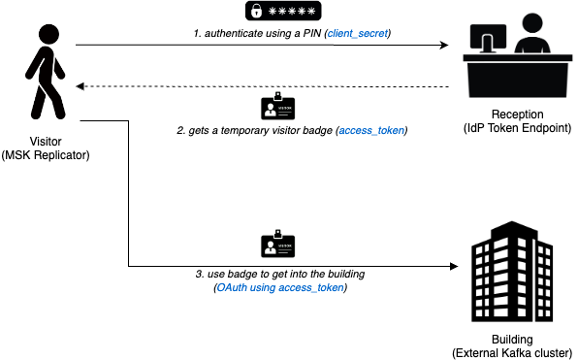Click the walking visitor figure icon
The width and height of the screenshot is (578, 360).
coord(46,72)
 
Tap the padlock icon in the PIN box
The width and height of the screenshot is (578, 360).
coord(256,12)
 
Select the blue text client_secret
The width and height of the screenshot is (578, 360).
coord(358,34)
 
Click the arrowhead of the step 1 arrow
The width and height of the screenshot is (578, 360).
coord(444,45)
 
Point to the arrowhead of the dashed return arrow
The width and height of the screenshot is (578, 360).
coord(80,86)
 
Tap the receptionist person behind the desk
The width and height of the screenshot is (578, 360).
coord(532,34)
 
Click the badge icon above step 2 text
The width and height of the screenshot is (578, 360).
coord(278,106)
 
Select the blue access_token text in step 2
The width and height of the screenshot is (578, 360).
coord(371,131)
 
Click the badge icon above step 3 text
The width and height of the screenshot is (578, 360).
coord(278,244)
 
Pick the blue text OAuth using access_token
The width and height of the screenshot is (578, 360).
coord(280,287)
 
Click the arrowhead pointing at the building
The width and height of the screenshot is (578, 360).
coord(454,266)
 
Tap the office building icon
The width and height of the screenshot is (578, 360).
coord(512,272)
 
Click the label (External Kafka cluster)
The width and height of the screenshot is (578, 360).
coord(512,353)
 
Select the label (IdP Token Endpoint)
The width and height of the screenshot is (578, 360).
coord(518,128)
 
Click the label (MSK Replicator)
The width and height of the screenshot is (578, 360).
coord(46,155)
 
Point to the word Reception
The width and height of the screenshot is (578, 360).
coord(518,114)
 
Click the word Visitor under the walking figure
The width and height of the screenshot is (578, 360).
coord(46,142)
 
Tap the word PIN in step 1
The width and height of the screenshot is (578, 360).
coord(312,34)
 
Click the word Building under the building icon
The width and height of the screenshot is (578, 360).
coord(512,340)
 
